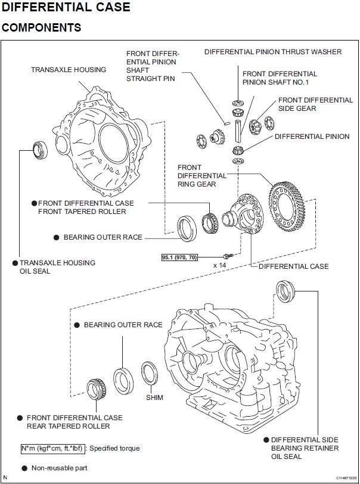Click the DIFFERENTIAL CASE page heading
[x=66, y=8]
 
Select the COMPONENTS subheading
[x=42, y=28]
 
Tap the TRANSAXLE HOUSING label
[x=69, y=70]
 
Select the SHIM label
[x=154, y=397]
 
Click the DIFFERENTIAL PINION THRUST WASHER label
[x=273, y=52]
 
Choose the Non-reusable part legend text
[x=60, y=468]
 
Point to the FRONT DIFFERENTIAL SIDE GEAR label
[x=315, y=104]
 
